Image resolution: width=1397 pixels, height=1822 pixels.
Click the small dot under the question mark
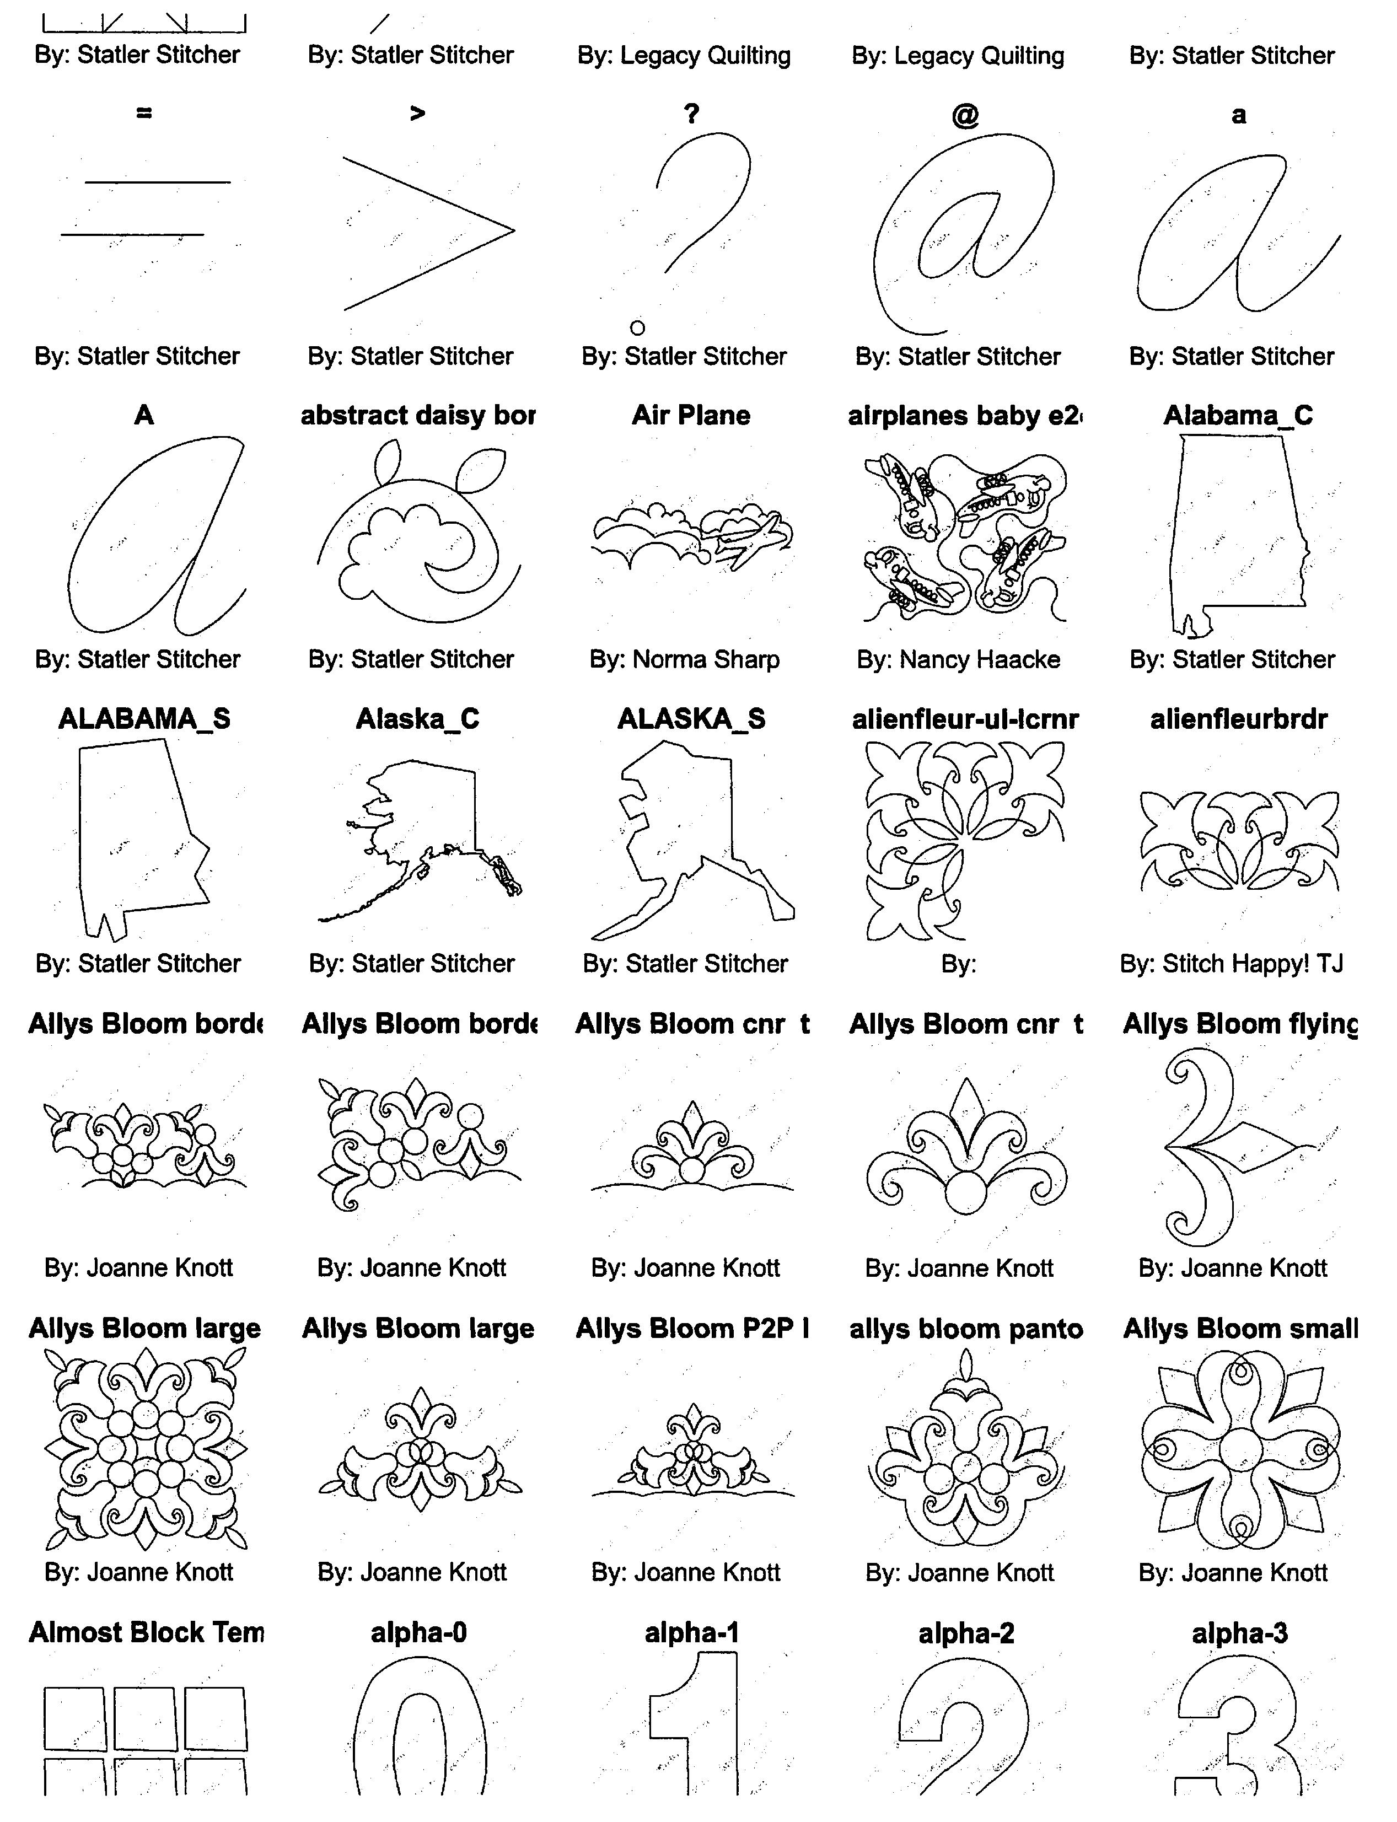point(638,327)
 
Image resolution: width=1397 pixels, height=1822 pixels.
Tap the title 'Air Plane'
point(691,415)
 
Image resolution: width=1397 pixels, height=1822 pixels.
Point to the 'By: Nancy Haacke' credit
point(959,659)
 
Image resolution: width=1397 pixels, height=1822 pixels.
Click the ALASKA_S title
point(691,718)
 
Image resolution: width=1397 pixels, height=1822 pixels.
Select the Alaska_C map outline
point(420,840)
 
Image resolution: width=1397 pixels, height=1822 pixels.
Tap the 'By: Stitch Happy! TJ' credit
point(1232,963)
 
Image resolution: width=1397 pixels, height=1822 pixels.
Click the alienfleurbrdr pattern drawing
point(1239,840)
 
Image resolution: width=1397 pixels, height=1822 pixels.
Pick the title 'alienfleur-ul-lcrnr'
point(965,718)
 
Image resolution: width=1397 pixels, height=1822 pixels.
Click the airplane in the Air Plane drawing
point(749,540)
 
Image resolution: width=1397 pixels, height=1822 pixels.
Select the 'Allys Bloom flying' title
point(1239,1024)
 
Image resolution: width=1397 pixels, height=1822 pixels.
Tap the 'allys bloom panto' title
point(965,1328)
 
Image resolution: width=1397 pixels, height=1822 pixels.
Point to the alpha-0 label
point(418,1632)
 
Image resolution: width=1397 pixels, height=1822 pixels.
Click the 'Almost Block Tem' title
point(146,1632)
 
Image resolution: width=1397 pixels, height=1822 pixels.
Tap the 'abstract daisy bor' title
point(418,415)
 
